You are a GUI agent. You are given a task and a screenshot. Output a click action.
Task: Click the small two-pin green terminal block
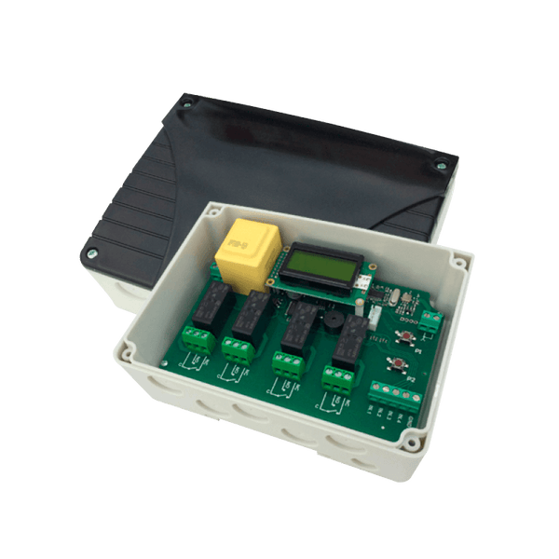tap(431, 321)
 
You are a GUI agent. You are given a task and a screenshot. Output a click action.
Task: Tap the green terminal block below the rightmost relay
tap(336, 378)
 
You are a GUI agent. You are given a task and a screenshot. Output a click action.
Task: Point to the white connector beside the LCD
tap(374, 317)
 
